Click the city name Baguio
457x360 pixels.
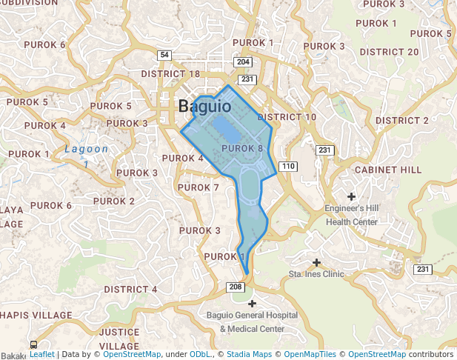[204, 107]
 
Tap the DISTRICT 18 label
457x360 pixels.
[170, 74]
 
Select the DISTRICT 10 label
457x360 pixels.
[287, 117]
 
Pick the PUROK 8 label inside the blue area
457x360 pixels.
[242, 149]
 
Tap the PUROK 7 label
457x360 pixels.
[199, 187]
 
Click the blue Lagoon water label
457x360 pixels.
[86, 149]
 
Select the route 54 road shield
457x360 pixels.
[164, 56]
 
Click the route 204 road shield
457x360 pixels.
[242, 62]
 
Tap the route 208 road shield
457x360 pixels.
[236, 287]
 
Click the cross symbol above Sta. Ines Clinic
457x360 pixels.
[317, 262]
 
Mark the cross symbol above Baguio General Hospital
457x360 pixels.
[252, 304]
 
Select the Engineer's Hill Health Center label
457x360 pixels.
[352, 215]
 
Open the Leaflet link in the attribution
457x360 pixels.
[41, 355]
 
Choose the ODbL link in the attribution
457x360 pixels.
[200, 355]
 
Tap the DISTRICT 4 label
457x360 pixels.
[130, 289]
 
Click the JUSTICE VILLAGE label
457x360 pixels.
[119, 339]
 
